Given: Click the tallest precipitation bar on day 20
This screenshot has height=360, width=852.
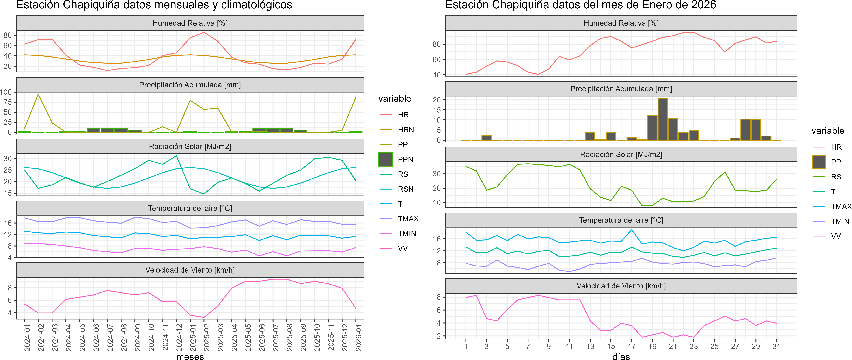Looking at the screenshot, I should point(662,119).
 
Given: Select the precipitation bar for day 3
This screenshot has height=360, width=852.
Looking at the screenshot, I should point(487,138).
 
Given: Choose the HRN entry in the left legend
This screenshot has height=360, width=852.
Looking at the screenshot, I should point(406,130).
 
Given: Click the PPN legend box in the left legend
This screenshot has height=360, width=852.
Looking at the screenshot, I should point(386,159).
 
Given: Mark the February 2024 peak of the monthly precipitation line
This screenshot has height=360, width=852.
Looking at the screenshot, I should point(38,94).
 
